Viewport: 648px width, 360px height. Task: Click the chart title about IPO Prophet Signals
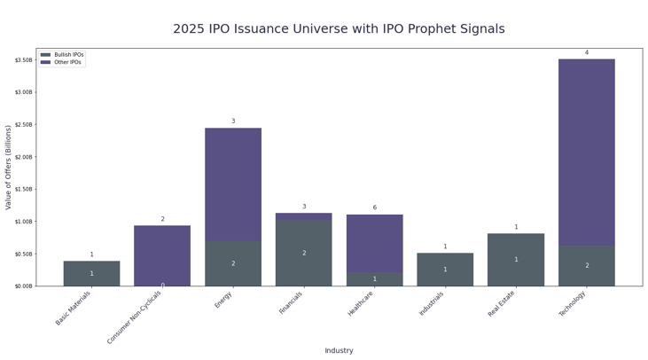point(339,29)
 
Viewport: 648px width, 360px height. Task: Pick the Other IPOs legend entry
point(67,62)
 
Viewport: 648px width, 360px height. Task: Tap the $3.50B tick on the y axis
point(23,60)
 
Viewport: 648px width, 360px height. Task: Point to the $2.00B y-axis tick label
point(23,157)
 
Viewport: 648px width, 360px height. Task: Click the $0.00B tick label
point(23,286)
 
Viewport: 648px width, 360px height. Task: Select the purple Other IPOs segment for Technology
point(586,151)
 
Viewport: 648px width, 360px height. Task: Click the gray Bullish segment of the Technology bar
point(586,265)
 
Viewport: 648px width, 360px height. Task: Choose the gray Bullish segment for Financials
point(304,253)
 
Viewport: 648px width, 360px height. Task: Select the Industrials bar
point(445,269)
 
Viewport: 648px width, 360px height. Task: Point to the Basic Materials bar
point(91,273)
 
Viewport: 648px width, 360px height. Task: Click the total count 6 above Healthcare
point(374,207)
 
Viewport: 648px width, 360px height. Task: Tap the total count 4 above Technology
point(586,52)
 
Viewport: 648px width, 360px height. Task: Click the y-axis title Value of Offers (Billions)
point(9,167)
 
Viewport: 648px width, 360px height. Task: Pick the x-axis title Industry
point(339,350)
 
